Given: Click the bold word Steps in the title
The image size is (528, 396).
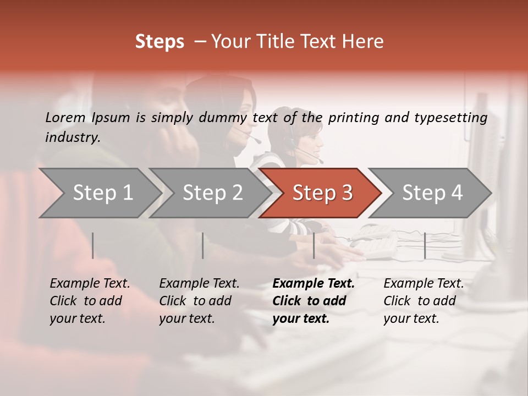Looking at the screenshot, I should [x=159, y=42].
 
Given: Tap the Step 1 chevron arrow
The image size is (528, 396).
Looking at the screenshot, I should [x=102, y=193].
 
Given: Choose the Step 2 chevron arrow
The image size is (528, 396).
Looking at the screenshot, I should [x=212, y=193].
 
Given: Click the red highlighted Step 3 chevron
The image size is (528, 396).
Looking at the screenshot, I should [x=322, y=193].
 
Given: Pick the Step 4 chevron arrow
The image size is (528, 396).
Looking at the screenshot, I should [x=432, y=193].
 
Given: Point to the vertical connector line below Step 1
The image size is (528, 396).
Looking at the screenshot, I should [x=93, y=245].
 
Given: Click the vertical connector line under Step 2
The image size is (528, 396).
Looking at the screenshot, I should [x=203, y=245].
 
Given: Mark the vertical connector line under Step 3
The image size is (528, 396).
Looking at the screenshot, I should [x=313, y=245].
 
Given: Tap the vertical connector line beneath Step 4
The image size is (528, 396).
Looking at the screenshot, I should [x=425, y=245].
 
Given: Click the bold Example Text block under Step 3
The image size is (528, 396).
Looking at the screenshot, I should [x=313, y=301].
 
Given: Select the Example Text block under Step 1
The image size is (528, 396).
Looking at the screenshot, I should [x=90, y=301].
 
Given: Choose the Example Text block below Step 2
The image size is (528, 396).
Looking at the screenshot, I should [x=199, y=301].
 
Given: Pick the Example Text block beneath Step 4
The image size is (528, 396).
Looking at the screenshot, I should [x=424, y=301].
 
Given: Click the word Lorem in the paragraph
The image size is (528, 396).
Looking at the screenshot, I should [x=65, y=118].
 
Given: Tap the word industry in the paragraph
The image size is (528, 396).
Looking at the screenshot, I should [x=73, y=137].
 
